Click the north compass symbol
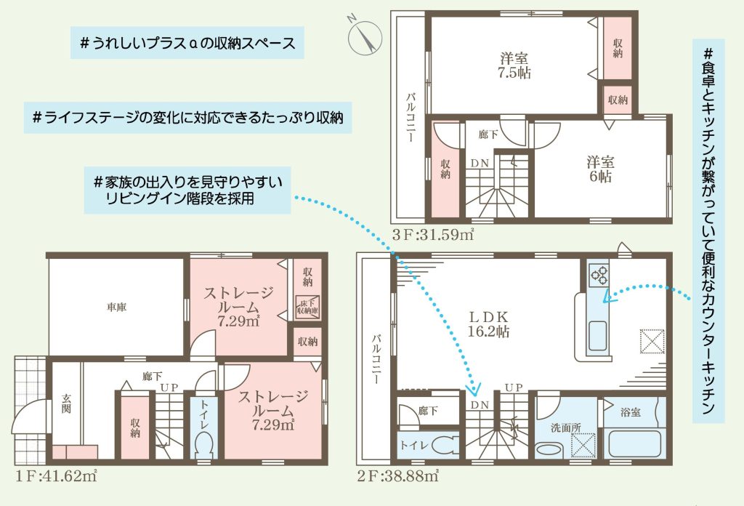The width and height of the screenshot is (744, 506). [x=365, y=36]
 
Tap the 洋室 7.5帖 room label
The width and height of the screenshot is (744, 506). [x=514, y=66]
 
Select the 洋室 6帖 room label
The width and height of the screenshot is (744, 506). [x=601, y=169]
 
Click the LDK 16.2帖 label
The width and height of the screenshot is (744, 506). [x=489, y=324]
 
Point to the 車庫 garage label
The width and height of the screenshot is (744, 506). [x=116, y=308]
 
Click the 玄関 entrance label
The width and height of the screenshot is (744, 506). [x=66, y=403]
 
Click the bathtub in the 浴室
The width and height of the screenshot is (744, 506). [x=634, y=443]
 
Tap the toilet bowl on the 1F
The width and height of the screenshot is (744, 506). [x=204, y=444]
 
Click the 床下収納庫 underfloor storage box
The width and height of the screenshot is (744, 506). [x=307, y=307]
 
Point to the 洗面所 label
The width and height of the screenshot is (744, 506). [x=565, y=427]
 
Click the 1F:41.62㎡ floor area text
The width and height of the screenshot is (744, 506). [x=57, y=475]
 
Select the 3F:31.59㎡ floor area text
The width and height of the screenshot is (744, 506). [x=433, y=235]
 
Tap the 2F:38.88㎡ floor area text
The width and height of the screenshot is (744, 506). [x=397, y=475]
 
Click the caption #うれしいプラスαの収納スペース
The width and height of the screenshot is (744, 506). [x=187, y=43]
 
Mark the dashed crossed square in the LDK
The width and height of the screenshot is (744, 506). [x=652, y=341]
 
